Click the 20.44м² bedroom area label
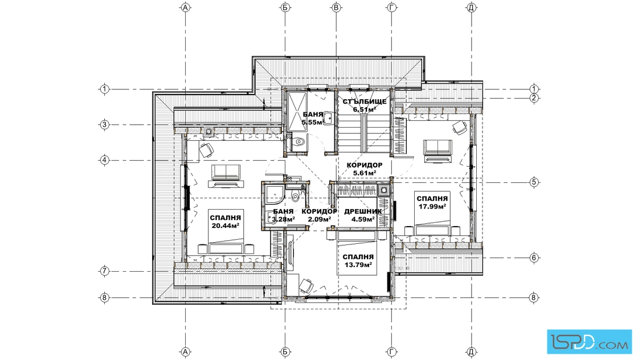226,226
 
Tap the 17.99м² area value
432,206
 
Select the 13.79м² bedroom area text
358,265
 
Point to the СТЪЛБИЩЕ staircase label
365,101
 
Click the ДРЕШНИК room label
363,211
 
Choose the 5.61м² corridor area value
365,173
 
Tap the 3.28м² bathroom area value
283,219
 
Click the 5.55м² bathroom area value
313,122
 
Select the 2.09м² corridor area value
320,219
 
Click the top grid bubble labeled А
186,7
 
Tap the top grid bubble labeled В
336,7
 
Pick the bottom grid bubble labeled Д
471,351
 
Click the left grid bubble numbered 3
105,125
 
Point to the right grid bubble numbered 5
534,182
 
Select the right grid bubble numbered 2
534,98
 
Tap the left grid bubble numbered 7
105,271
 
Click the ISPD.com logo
589,342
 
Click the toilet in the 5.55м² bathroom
299,142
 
